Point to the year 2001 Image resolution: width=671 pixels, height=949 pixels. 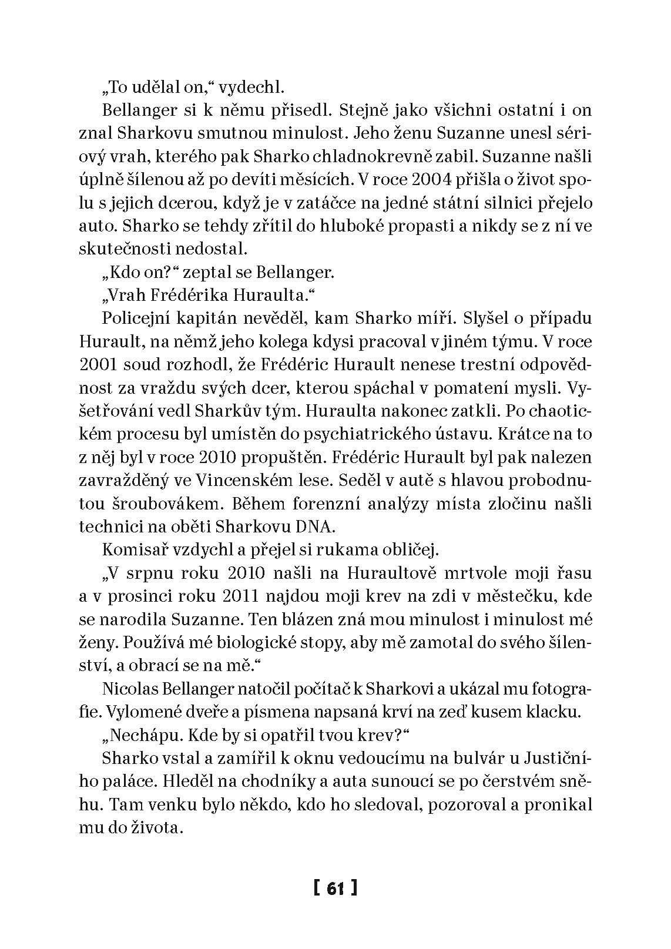[x=98, y=364]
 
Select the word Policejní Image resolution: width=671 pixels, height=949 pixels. [x=139, y=318]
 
